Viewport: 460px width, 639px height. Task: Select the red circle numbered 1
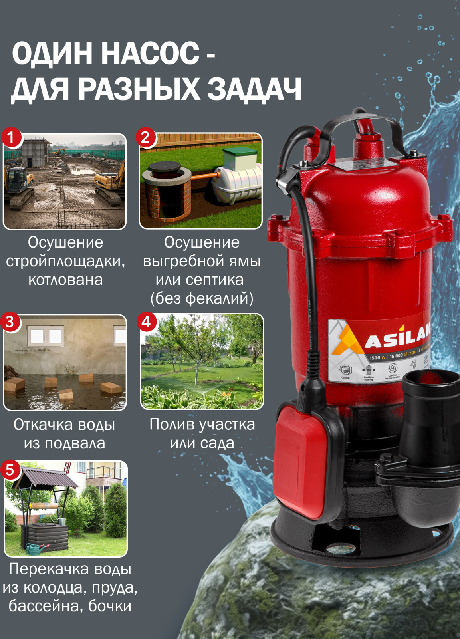(11, 137)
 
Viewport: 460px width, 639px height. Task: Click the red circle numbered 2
(146, 137)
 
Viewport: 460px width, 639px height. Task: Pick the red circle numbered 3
(10, 322)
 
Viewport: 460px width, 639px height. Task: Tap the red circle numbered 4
(146, 322)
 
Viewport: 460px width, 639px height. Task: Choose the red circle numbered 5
(10, 470)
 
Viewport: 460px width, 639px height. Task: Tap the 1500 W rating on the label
(377, 357)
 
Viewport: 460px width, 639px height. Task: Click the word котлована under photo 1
(65, 280)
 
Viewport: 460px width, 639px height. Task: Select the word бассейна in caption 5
(46, 606)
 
